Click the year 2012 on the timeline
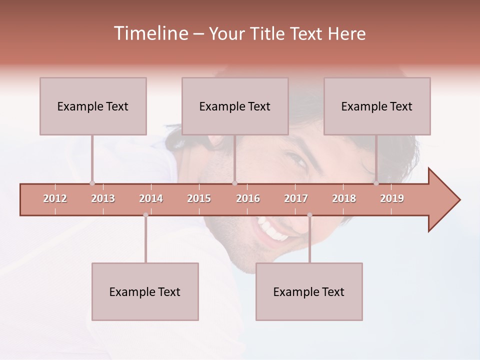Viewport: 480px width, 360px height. [x=55, y=198]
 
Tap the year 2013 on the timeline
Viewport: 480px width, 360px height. [x=103, y=198]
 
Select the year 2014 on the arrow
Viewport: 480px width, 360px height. [x=151, y=198]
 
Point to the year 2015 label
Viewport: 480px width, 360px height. [x=199, y=198]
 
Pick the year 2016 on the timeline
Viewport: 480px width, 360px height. [x=248, y=198]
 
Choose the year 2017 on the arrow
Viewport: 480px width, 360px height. [x=296, y=198]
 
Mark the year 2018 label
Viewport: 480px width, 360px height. [x=344, y=198]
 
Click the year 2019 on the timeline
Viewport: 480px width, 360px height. [x=392, y=198]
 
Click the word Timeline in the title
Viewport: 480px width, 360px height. [x=150, y=33]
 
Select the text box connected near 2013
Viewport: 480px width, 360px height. [x=93, y=106]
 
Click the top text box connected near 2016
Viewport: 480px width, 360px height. [x=235, y=106]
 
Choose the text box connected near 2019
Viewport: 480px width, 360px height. [x=377, y=106]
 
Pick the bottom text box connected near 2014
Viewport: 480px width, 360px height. [x=145, y=291]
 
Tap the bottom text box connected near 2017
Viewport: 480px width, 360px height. [x=309, y=291]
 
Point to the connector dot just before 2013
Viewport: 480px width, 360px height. [x=92, y=183]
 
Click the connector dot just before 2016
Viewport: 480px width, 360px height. [x=234, y=183]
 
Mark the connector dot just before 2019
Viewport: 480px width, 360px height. [x=376, y=183]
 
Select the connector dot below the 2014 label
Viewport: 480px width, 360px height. [x=145, y=215]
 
